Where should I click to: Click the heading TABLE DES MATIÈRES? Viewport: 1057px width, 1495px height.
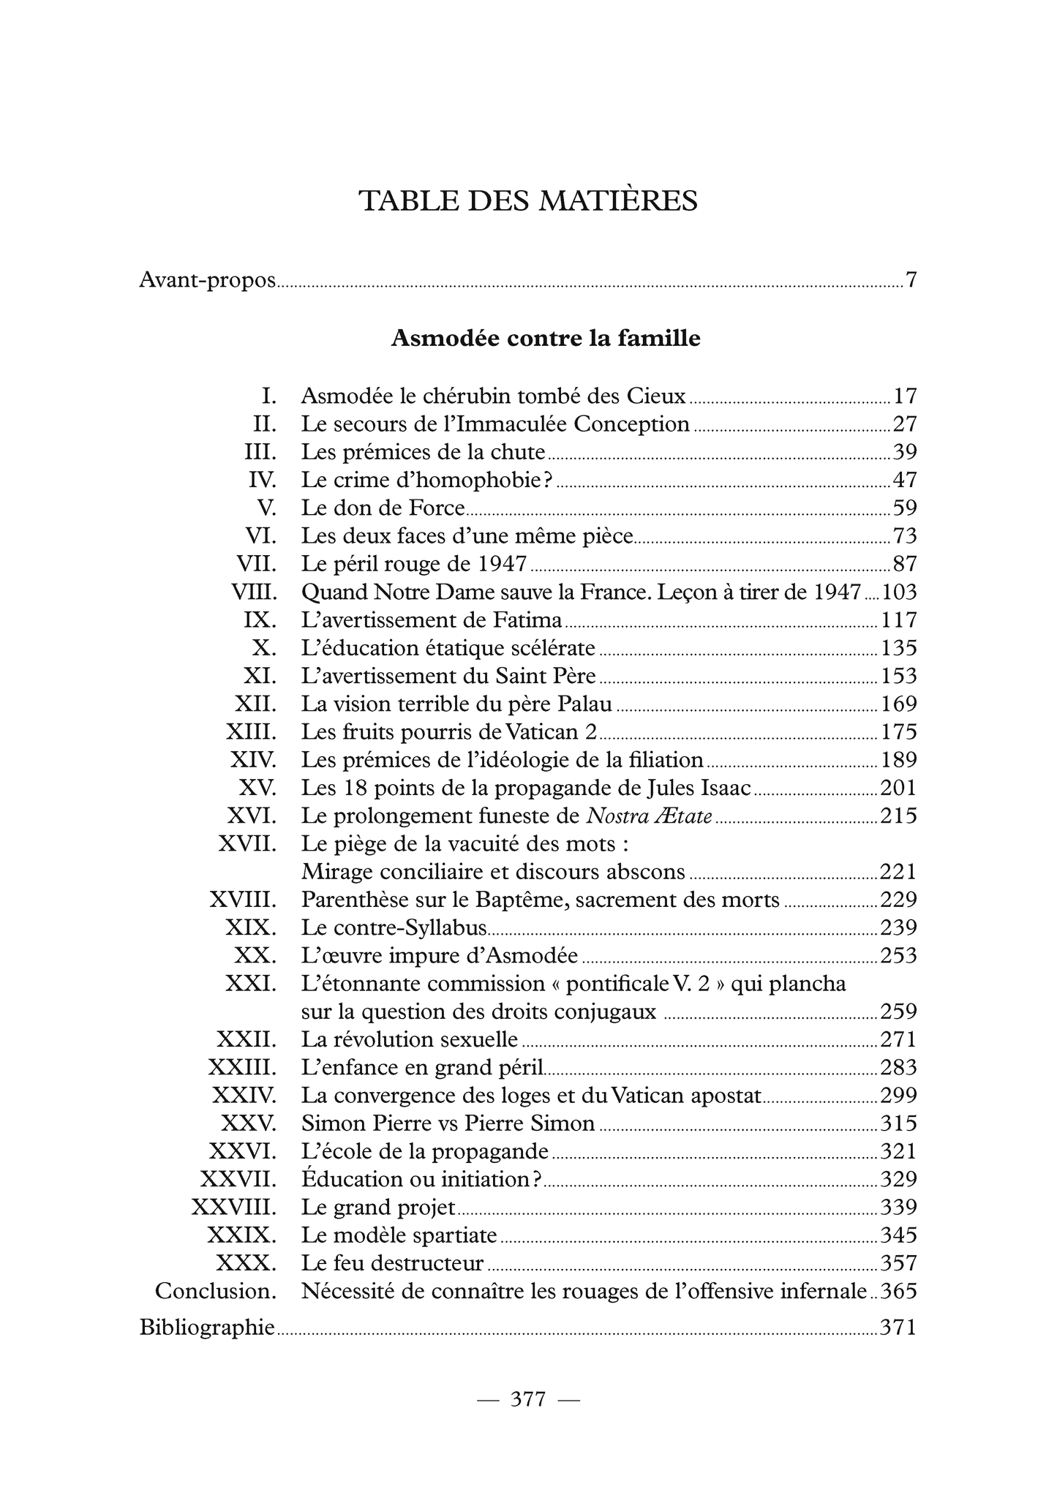click(x=528, y=201)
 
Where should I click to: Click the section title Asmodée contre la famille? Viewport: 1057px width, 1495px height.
click(x=546, y=338)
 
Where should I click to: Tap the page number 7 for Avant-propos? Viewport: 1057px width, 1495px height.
click(x=911, y=280)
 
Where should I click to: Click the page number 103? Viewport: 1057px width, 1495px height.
click(x=899, y=592)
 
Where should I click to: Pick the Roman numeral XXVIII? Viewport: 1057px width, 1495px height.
click(x=233, y=1207)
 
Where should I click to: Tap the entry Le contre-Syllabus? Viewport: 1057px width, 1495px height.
click(x=394, y=928)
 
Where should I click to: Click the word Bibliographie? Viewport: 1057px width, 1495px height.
click(x=207, y=1327)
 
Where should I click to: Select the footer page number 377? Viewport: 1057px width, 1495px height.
click(x=528, y=1399)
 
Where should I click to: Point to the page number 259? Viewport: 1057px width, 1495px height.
click(x=898, y=1012)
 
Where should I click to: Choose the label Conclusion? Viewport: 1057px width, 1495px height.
click(x=216, y=1292)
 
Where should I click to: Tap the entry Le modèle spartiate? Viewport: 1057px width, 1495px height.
click(x=399, y=1235)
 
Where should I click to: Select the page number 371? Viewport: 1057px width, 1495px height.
click(x=898, y=1327)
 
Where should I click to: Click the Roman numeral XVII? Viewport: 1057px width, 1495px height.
click(x=247, y=844)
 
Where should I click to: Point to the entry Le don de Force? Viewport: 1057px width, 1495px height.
click(x=383, y=508)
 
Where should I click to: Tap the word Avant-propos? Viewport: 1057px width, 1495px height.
click(x=207, y=281)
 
